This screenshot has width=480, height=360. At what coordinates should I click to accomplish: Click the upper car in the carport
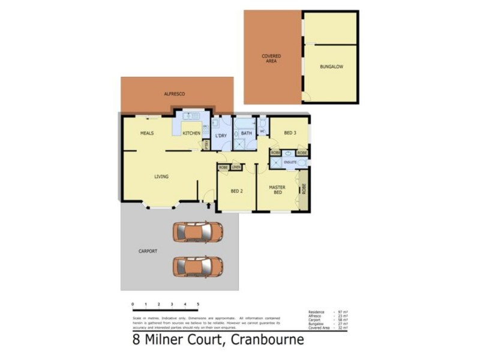[x=198, y=232]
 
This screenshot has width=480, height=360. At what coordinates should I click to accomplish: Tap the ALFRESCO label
[x=175, y=94]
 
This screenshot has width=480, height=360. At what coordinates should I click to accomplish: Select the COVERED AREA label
[x=271, y=58]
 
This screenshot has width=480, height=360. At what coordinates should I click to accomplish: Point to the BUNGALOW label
[x=331, y=67]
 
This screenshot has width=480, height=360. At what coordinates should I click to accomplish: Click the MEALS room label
[x=148, y=133]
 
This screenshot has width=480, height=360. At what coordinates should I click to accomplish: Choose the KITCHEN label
[x=191, y=133]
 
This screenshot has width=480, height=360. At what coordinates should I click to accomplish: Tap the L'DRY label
[x=221, y=136]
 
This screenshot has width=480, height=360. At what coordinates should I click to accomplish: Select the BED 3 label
[x=290, y=133]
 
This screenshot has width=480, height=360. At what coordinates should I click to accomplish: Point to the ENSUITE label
[x=291, y=163]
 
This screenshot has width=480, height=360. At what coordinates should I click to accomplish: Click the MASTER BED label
[x=277, y=190]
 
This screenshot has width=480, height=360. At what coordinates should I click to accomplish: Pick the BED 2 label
[x=237, y=191]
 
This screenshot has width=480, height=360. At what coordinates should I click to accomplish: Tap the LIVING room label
[x=161, y=176]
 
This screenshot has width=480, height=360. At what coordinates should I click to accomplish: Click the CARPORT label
[x=148, y=251]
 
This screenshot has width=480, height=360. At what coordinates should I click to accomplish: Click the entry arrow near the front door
[x=208, y=206]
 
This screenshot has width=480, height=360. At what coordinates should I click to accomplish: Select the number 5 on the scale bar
[x=198, y=305]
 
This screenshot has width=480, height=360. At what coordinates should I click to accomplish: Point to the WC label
[x=262, y=131]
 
